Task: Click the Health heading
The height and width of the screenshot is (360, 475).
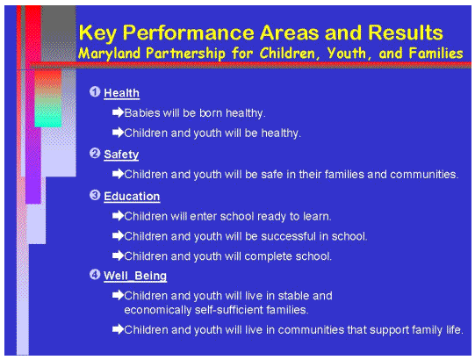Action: tap(121, 93)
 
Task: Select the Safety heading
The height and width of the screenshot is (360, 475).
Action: tap(120, 155)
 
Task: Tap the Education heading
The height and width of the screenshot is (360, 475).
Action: tap(132, 196)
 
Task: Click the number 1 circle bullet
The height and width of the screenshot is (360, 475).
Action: tap(95, 92)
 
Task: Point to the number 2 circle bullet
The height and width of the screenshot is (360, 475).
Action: tap(95, 154)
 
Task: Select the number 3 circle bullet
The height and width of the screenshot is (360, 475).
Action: tap(95, 195)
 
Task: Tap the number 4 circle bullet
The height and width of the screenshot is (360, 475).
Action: tap(95, 276)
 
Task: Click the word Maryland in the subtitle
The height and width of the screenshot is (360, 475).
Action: tap(107, 54)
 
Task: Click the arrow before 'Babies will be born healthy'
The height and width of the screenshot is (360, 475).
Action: tap(118, 113)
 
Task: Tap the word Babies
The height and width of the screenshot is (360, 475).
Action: tap(141, 113)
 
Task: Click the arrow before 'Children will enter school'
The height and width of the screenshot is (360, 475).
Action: tap(118, 215)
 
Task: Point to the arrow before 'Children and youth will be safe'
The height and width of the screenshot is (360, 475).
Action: tap(118, 174)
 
